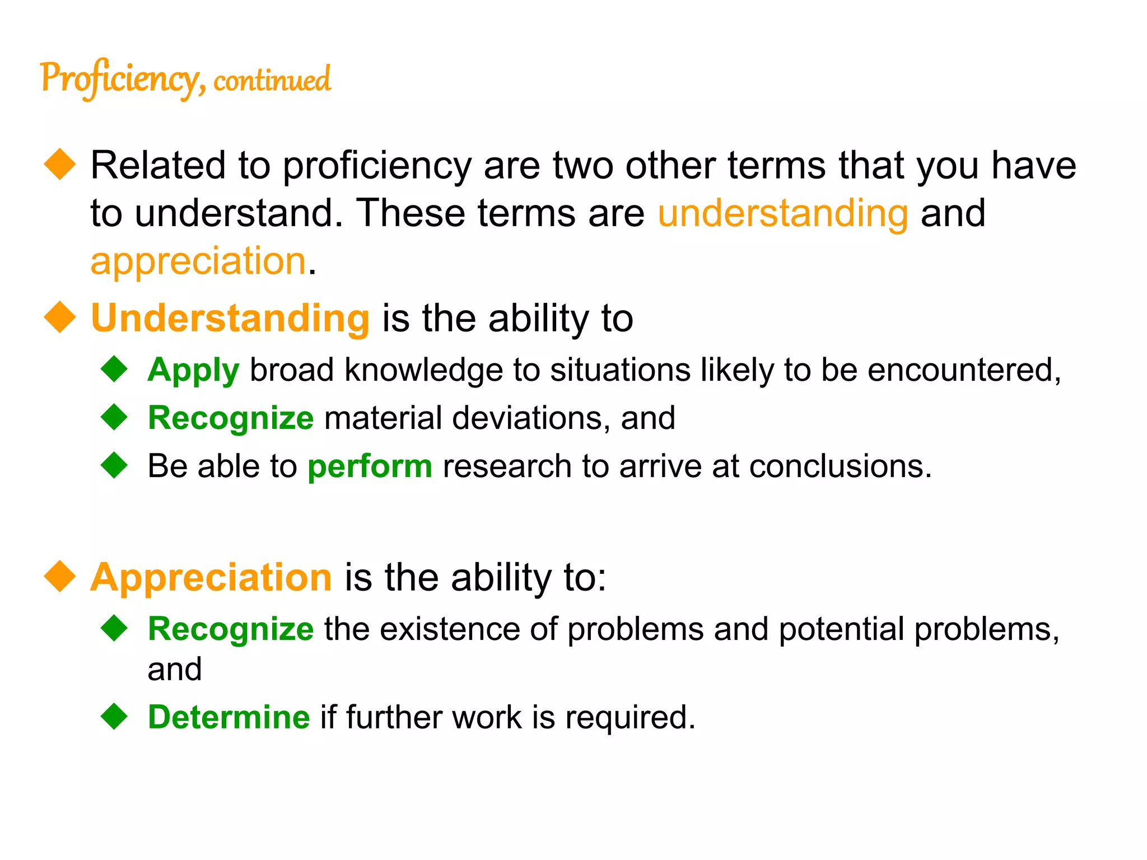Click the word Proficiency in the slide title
click(x=119, y=79)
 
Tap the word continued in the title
click(x=272, y=80)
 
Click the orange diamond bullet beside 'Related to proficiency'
click(x=60, y=164)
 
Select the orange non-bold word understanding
click(x=782, y=213)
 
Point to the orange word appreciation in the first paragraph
click(x=198, y=261)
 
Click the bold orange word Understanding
click(x=230, y=318)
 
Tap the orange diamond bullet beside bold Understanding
click(x=60, y=317)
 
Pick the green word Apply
click(x=193, y=371)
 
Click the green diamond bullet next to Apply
click(x=115, y=369)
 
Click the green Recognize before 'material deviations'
click(x=230, y=418)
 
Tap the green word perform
click(x=370, y=466)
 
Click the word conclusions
click(x=840, y=466)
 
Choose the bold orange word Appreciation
click(x=211, y=577)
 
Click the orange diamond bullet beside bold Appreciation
click(x=60, y=576)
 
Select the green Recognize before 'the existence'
click(x=230, y=629)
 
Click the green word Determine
click(x=229, y=717)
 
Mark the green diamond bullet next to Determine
click(x=115, y=716)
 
